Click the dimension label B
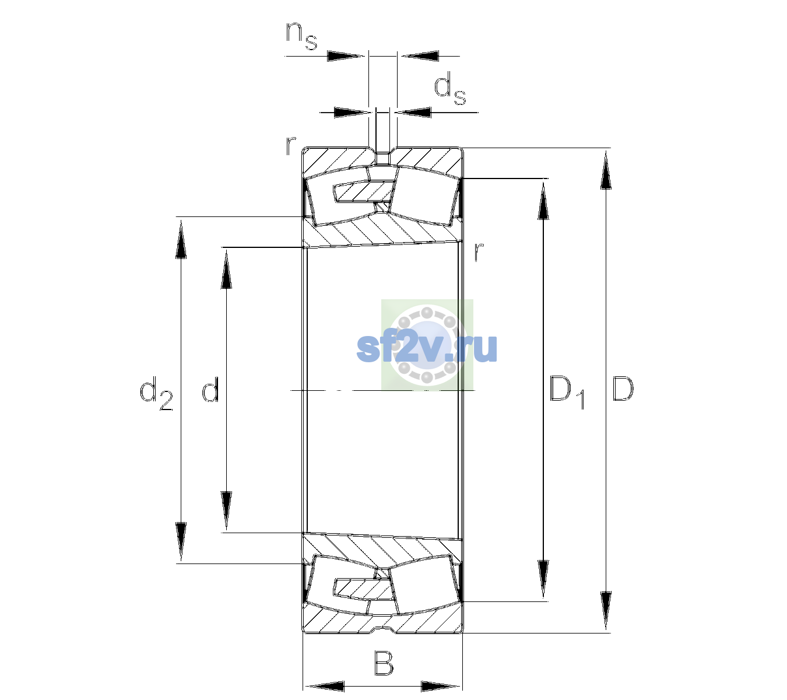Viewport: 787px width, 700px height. (384, 663)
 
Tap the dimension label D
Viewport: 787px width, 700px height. (623, 388)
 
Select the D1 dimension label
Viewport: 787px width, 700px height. (567, 392)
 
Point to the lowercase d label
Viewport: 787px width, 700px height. (210, 388)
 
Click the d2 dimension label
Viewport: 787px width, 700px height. (156, 393)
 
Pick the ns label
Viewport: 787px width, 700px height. (301, 36)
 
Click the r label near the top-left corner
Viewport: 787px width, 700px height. (291, 145)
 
